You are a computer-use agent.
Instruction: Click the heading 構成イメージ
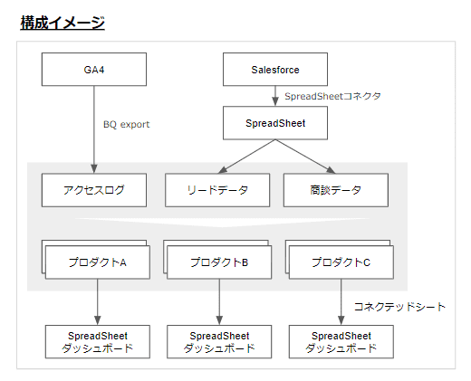click(x=62, y=23)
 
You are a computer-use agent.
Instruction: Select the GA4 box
click(x=94, y=69)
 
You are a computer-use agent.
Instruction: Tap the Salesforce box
click(x=275, y=69)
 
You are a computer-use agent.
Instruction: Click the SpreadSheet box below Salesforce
click(x=275, y=122)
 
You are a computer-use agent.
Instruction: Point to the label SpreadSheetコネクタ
click(x=332, y=96)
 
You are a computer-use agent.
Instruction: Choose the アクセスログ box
click(x=94, y=190)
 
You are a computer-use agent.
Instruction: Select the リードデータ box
click(x=217, y=190)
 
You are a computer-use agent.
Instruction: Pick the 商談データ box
click(x=335, y=190)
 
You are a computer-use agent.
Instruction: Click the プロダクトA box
click(x=98, y=262)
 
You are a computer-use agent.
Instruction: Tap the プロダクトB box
click(x=219, y=262)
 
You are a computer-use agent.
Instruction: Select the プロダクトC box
click(x=341, y=262)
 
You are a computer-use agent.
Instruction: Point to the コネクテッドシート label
click(x=399, y=307)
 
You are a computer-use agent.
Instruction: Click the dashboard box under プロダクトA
click(x=98, y=341)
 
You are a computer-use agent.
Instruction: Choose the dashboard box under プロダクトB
click(x=219, y=341)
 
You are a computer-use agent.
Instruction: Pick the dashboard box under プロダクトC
click(x=341, y=341)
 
